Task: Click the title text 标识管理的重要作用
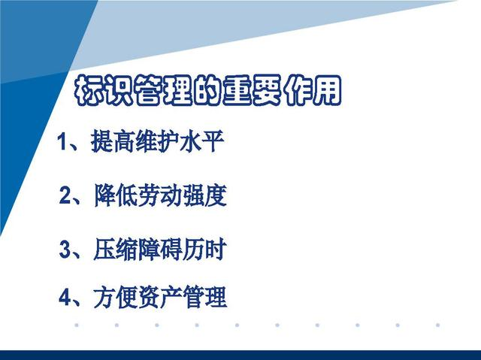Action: [208, 90]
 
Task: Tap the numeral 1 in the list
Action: [62, 141]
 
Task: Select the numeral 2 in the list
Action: [65, 195]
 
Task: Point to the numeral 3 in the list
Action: [65, 250]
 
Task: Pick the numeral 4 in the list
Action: [65, 297]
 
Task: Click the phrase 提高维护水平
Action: [158, 141]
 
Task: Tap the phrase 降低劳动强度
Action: [160, 195]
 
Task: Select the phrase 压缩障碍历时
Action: [160, 250]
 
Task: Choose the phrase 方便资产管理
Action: [160, 297]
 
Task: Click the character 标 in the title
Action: [89, 90]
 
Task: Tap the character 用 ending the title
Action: [326, 90]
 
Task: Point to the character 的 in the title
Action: [208, 90]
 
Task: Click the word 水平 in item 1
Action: [202, 141]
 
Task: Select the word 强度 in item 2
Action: [205, 195]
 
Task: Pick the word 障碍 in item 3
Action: [160, 250]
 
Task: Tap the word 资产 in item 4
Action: [160, 297]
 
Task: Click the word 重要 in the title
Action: [253, 90]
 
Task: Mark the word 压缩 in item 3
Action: [116, 250]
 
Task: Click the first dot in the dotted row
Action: [77, 325]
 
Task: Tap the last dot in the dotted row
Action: [437, 325]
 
